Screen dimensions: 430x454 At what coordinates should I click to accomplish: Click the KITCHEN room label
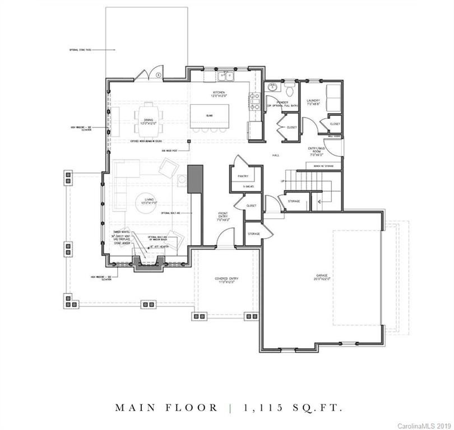pyautogui.click(x=218, y=93)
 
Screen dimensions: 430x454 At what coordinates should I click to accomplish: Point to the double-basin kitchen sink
pyautogui.click(x=226, y=74)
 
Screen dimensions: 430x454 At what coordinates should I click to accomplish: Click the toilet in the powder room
pyautogui.click(x=289, y=90)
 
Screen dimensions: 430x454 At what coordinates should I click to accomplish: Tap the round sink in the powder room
pyautogui.click(x=273, y=87)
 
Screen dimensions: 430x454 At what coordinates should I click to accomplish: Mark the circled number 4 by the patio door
pyautogui.click(x=159, y=74)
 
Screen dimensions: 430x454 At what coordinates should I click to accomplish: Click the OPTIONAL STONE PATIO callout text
pyautogui.click(x=78, y=50)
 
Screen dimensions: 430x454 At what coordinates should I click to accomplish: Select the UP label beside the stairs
pyautogui.click(x=283, y=181)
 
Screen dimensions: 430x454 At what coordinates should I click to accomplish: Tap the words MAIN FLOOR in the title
pyautogui.click(x=166, y=408)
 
